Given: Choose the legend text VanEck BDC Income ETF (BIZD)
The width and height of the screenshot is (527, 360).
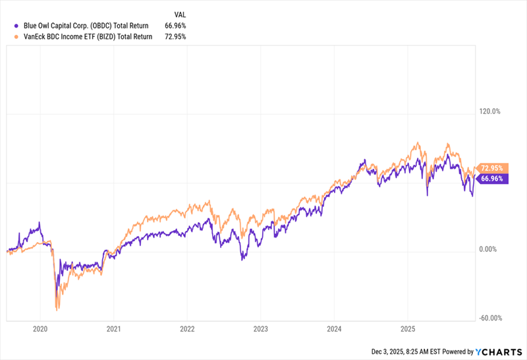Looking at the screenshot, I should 84,37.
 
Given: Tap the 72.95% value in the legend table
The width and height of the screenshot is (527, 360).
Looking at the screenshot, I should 176,37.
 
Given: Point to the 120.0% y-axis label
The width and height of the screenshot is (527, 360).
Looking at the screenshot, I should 490,111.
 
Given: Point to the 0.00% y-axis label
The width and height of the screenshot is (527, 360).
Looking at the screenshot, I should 490,249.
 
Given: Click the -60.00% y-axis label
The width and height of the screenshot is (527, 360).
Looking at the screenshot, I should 491,318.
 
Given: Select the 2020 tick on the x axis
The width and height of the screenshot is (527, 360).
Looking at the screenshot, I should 40,328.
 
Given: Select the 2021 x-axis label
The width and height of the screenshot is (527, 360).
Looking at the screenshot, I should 114,328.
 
